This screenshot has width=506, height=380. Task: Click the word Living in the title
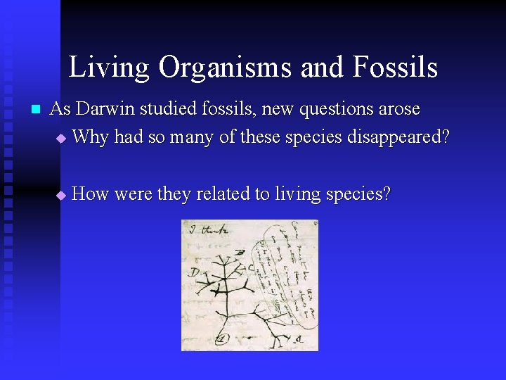[x=109, y=68]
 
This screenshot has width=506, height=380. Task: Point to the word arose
[x=400, y=110]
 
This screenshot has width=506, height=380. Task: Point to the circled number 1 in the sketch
[x=221, y=338]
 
